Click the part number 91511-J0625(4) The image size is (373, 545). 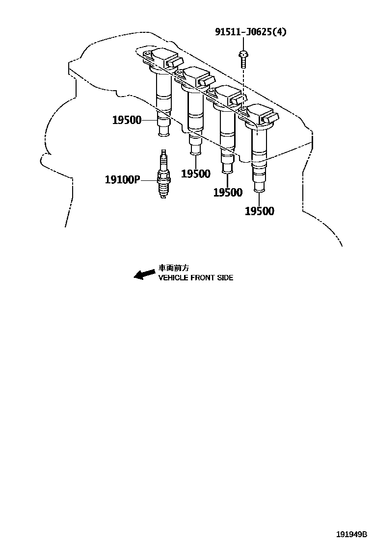250,32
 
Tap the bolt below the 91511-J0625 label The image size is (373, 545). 242,59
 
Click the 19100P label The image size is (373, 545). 122,180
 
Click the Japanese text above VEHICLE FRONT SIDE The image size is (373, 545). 173,268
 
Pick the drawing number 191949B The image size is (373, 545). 351,534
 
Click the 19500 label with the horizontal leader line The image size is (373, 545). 127,120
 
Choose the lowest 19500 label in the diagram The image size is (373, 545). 259,211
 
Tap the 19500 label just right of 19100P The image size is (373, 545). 195,173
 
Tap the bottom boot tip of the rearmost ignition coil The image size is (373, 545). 259,188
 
